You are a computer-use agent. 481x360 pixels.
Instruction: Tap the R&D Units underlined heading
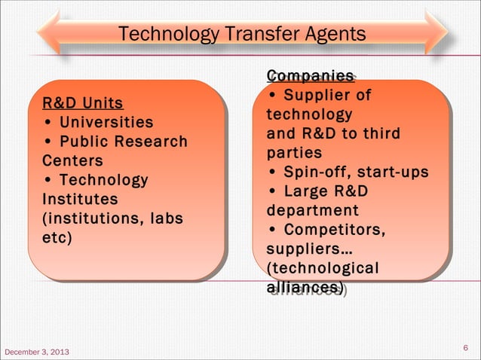83,102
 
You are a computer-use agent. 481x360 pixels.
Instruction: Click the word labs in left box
168,219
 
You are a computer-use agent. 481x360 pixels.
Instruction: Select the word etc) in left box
57,239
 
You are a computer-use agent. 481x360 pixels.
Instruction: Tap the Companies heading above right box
310,76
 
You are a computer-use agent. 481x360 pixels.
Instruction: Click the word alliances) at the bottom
305,288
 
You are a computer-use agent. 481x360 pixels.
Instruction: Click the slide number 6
465,348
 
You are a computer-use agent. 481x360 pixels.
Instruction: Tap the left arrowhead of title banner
47,32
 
